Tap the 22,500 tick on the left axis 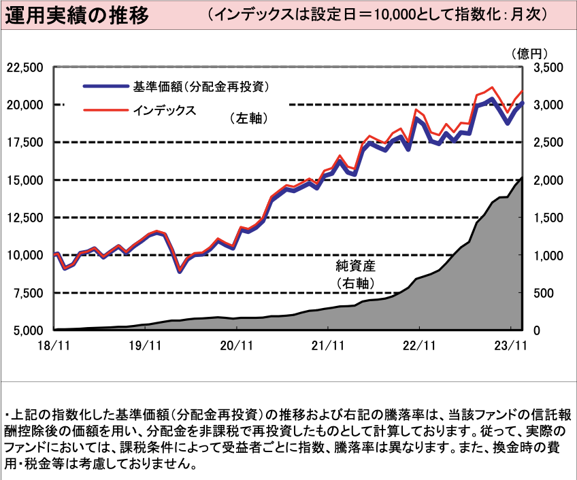pos(24,67)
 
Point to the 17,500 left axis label pos(24,142)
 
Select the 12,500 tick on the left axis pos(24,218)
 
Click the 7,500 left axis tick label pos(27,293)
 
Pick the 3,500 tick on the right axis pos(548,67)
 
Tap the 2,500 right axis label pos(548,142)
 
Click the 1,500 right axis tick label pos(548,218)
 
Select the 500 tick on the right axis pos(544,293)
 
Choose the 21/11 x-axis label pos(327,345)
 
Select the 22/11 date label pos(418,345)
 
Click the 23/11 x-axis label pos(510,345)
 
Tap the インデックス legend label pos(164,109)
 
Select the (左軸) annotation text pos(248,118)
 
